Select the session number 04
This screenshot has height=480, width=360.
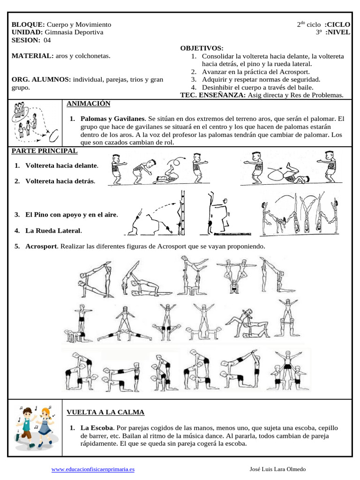(47, 40)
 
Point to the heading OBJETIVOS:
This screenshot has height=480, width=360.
(202, 48)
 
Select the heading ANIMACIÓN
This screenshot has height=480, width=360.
(88, 103)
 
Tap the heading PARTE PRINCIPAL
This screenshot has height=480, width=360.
(45, 151)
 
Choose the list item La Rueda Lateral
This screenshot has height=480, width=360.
(53, 231)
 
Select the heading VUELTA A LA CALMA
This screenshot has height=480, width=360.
(105, 412)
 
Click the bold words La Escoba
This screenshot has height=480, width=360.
(97, 428)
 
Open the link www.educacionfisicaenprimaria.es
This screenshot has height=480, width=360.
(93, 469)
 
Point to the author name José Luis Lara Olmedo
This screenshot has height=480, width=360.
(278, 469)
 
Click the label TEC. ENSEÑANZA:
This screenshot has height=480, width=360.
(210, 95)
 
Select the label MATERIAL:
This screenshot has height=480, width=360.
(32, 56)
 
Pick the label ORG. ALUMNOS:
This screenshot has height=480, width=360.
(41, 79)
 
